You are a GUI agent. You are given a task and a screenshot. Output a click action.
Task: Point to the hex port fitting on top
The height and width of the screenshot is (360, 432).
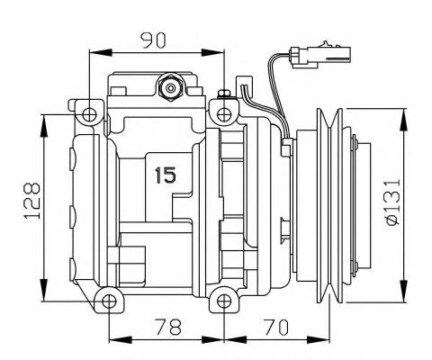pyautogui.click(x=168, y=87)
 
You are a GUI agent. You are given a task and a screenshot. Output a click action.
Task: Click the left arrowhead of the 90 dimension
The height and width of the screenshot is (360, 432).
pyautogui.click(x=93, y=52)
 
